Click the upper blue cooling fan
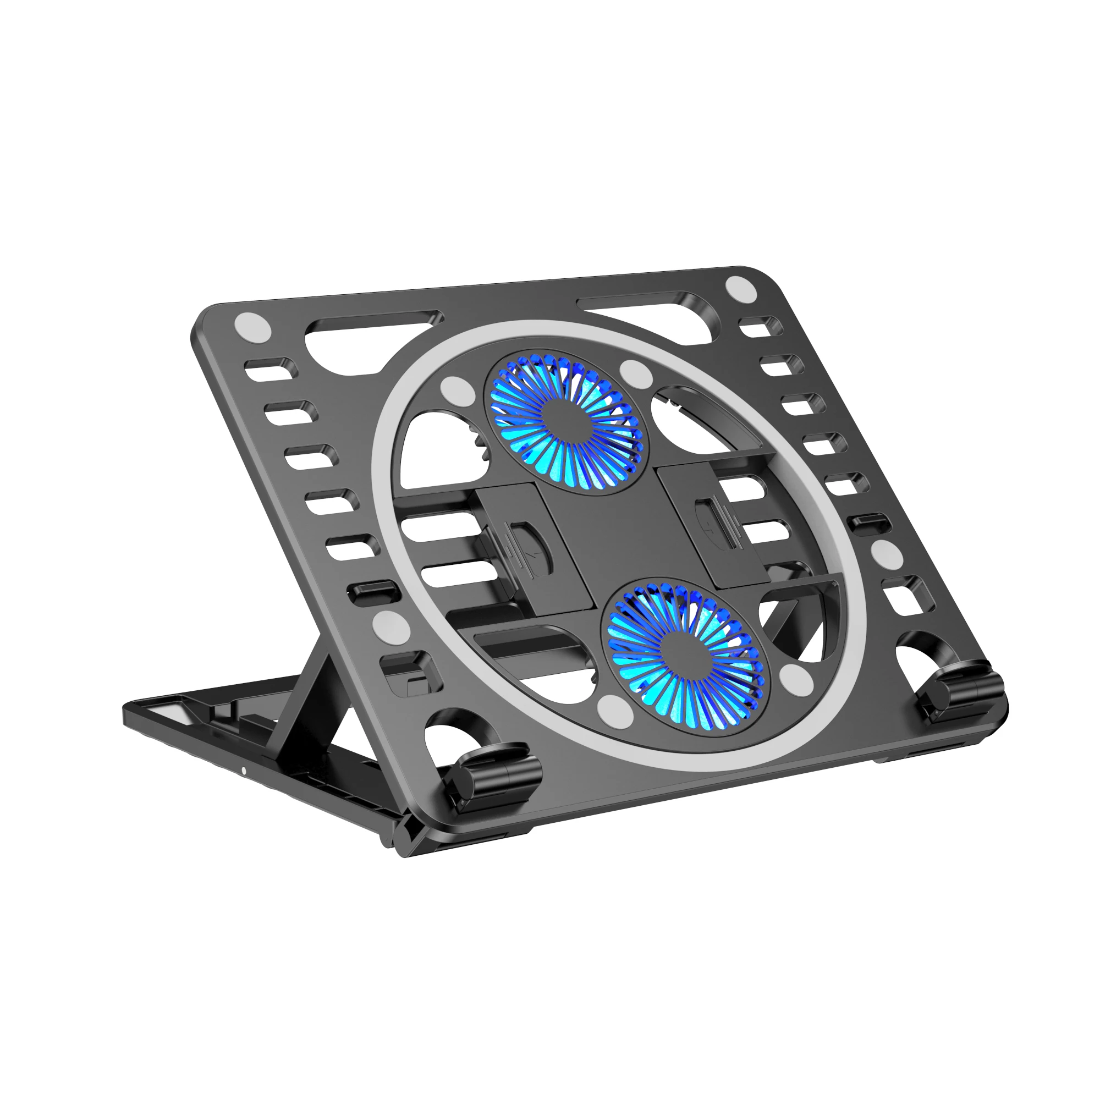click(564, 424)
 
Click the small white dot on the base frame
click(244, 772)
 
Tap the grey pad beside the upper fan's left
click(458, 392)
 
